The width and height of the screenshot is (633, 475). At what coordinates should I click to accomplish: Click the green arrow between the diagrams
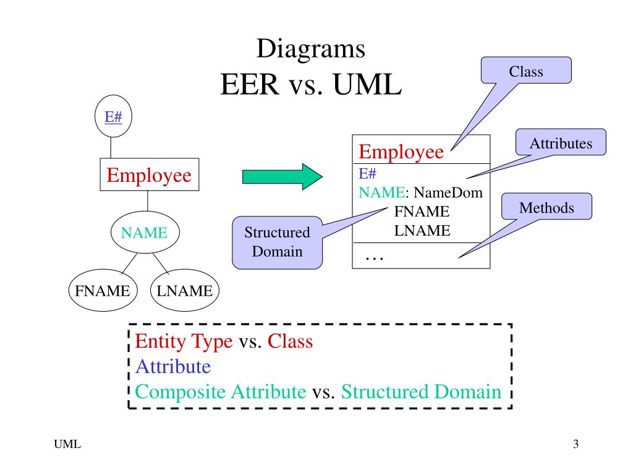pyautogui.click(x=282, y=176)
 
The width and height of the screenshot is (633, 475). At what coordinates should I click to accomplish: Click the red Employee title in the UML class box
pyautogui.click(x=401, y=152)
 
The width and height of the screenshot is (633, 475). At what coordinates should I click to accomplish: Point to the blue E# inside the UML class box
pyautogui.click(x=367, y=173)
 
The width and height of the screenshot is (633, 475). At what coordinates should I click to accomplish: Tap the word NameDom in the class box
pyautogui.click(x=448, y=192)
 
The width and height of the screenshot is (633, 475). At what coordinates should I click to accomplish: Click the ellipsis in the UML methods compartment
pyautogui.click(x=374, y=258)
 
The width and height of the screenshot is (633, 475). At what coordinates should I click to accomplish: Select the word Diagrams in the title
pyautogui.click(x=311, y=49)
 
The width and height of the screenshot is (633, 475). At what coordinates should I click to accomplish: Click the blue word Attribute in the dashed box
pyautogui.click(x=173, y=366)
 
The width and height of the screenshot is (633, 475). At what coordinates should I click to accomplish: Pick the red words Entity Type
pyautogui.click(x=184, y=341)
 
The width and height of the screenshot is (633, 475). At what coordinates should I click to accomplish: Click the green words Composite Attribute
pyautogui.click(x=221, y=392)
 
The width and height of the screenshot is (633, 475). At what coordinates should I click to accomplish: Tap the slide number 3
pyautogui.click(x=576, y=444)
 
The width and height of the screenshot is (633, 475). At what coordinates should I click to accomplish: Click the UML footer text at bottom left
pyautogui.click(x=67, y=444)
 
